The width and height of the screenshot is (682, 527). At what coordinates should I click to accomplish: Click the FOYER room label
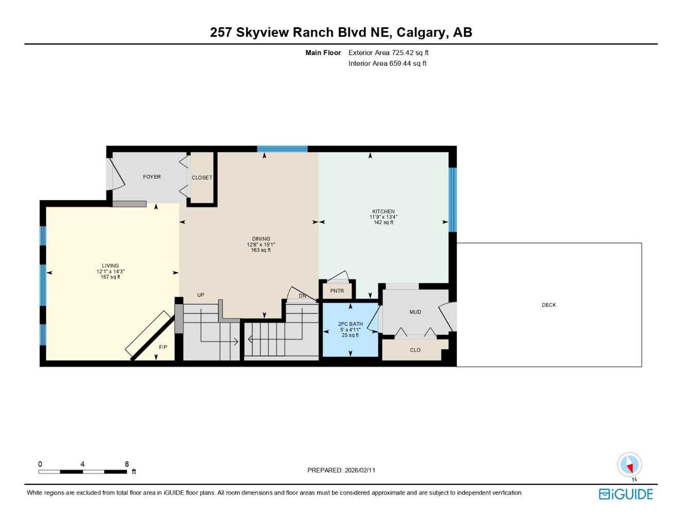pyautogui.click(x=152, y=177)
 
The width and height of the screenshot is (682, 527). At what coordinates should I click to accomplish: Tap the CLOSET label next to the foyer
pyautogui.click(x=202, y=178)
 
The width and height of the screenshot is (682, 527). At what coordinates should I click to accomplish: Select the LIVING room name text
pyautogui.click(x=110, y=266)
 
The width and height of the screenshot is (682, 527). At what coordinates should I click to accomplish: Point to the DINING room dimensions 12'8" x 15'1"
pyautogui.click(x=261, y=244)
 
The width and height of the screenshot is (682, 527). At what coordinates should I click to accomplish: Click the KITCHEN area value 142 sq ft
pyautogui.click(x=383, y=222)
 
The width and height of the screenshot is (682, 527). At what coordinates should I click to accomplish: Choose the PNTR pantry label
pyautogui.click(x=337, y=291)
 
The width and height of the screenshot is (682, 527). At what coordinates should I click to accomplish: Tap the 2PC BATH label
pyautogui.click(x=351, y=324)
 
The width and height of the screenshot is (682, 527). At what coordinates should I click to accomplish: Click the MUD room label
pyautogui.click(x=415, y=312)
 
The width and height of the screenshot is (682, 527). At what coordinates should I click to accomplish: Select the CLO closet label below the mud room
pyautogui.click(x=415, y=350)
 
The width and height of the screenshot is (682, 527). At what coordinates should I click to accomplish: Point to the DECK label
pyautogui.click(x=549, y=305)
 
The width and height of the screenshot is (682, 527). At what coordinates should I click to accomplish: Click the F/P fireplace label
pyautogui.click(x=163, y=347)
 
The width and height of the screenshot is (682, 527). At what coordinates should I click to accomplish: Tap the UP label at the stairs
pyautogui.click(x=201, y=295)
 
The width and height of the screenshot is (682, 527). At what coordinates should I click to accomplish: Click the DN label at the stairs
pyautogui.click(x=303, y=296)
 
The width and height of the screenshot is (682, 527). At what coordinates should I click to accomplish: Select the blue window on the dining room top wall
pyautogui.click(x=282, y=149)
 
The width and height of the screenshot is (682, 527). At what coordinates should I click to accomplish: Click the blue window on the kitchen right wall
pyautogui.click(x=452, y=200)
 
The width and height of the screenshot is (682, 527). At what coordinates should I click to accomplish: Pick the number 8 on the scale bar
pyautogui.click(x=127, y=464)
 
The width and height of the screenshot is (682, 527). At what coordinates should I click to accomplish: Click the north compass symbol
pyautogui.click(x=629, y=465)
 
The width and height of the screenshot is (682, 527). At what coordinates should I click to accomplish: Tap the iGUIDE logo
pyautogui.click(x=626, y=494)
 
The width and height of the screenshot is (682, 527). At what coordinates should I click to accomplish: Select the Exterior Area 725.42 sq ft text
pyautogui.click(x=388, y=52)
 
